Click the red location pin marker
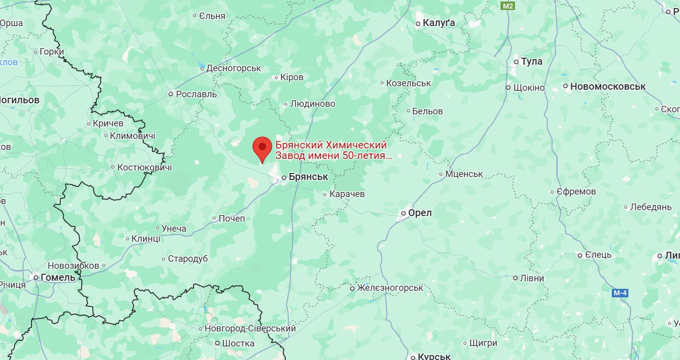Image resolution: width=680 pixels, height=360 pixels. [x=262, y=147]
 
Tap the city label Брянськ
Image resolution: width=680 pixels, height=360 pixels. [x=308, y=177]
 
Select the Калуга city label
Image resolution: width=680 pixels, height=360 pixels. [x=439, y=23]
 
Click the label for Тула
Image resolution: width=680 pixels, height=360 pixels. [x=532, y=62]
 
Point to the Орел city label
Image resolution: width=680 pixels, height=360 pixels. [x=420, y=213]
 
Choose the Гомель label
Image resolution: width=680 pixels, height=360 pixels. [x=58, y=277]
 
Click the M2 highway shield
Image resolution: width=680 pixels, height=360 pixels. [x=508, y=6]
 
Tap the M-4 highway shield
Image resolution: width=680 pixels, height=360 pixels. [x=620, y=293]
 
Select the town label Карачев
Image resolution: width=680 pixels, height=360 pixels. [x=347, y=194]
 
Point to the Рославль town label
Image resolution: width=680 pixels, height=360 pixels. [x=196, y=94]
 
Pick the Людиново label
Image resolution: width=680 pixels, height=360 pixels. [x=313, y=104]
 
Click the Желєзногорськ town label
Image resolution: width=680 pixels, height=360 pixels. [x=390, y=288]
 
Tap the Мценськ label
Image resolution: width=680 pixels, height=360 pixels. [x=464, y=174]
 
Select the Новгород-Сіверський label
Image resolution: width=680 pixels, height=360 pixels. [x=250, y=329]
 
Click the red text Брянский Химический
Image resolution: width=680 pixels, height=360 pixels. [x=331, y=145]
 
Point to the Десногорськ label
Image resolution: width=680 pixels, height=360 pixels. [x=234, y=68]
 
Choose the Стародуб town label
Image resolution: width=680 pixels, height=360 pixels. [x=188, y=259]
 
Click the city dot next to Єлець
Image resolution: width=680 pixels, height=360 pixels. [x=580, y=255]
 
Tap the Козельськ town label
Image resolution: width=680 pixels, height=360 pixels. [x=408, y=83]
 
